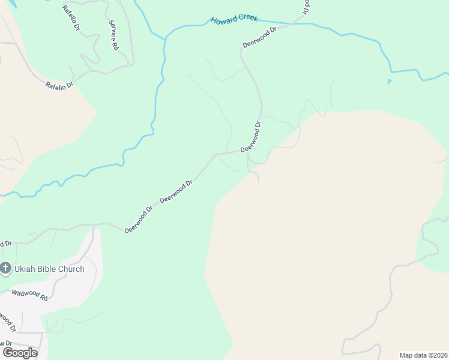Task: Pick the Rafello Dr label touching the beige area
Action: pos(59,86)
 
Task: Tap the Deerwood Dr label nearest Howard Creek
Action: pos(259,37)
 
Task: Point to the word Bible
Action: pos(54,269)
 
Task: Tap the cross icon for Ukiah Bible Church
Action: pos(5,268)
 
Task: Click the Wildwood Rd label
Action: pos(29,294)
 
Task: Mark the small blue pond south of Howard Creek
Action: pos(390,81)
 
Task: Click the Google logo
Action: pos(20,353)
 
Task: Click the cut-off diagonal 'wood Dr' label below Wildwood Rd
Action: pos(7,321)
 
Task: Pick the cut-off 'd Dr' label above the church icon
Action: pos(5,244)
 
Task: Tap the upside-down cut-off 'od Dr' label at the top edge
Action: pos(306,7)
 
